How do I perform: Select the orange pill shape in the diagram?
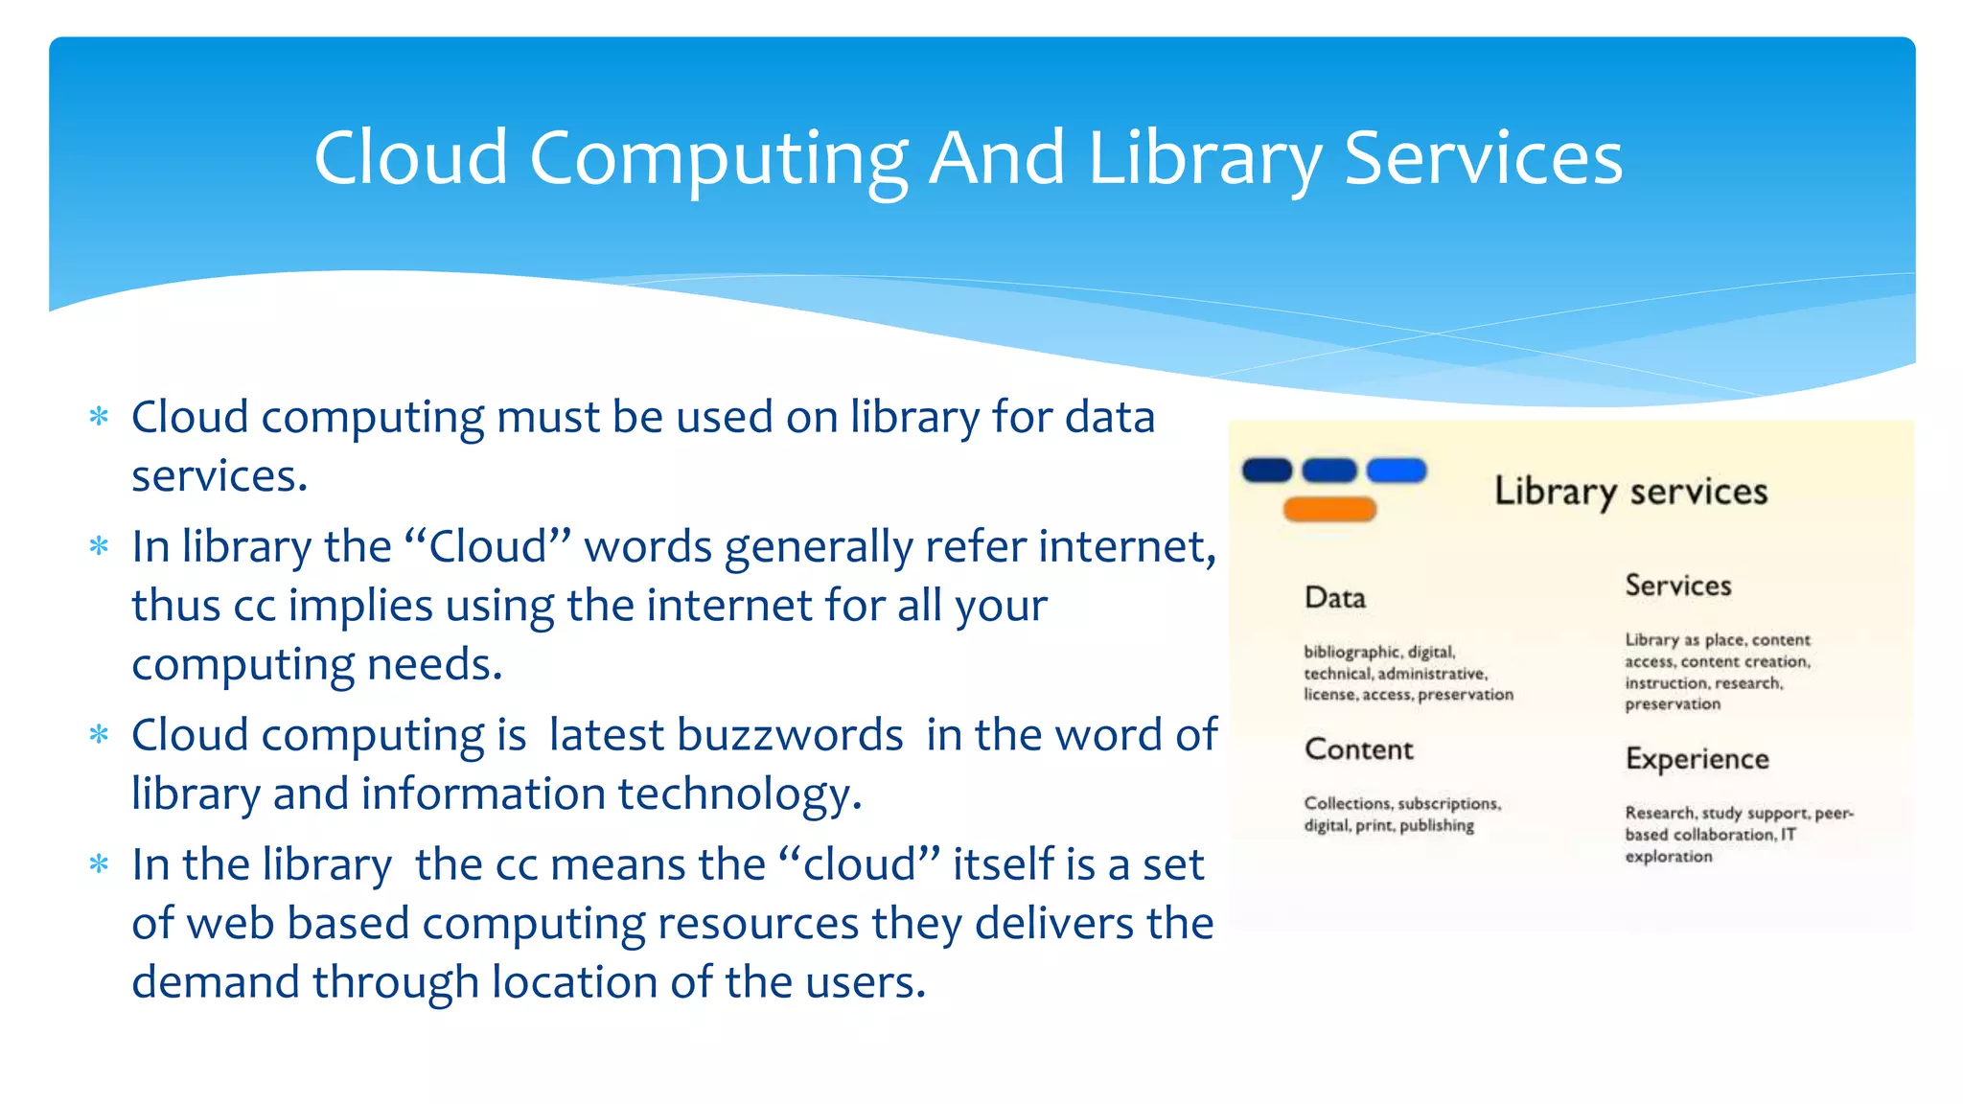1329,510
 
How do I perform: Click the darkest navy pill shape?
1266,471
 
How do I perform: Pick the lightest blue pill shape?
1396,471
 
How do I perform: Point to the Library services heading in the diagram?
1630,492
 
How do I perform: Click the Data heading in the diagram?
1334,598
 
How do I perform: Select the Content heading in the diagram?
1358,749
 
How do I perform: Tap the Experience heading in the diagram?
1697,759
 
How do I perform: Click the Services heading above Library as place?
1677,586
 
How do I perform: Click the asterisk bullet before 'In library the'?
99,547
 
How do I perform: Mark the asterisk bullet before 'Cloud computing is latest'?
99,736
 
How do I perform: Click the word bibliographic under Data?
1351,653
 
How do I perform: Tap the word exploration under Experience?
1668,857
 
